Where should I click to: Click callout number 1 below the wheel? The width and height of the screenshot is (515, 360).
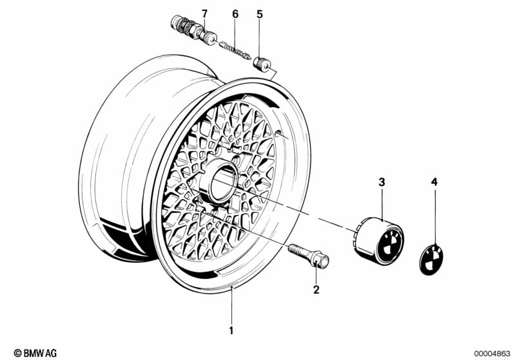231,330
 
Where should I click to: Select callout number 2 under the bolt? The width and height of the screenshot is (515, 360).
316,289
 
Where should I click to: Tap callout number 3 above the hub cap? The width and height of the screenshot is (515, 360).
382,182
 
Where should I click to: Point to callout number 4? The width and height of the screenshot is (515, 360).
434,182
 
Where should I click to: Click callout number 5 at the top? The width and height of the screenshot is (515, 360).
260,14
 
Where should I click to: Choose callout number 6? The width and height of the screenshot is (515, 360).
235,14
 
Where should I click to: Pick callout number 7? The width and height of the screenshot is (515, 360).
204,14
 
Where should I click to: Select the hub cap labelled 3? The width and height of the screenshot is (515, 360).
380,241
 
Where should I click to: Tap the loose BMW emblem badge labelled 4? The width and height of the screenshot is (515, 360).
432,260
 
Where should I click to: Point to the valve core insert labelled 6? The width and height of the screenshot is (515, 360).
235,50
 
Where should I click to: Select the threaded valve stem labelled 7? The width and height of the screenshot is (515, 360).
193,30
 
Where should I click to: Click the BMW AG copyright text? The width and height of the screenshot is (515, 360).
35,353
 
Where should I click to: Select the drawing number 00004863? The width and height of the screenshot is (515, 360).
492,354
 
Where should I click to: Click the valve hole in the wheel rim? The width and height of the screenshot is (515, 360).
278,133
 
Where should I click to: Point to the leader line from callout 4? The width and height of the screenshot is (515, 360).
435,217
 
